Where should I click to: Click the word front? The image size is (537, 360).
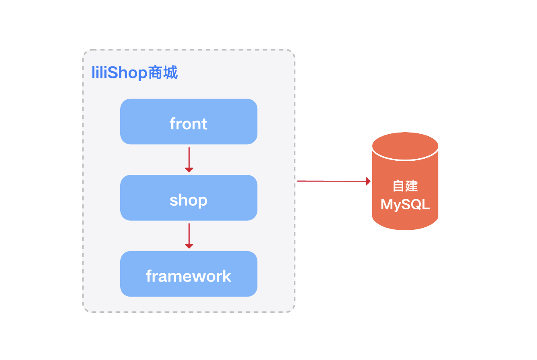[189, 123]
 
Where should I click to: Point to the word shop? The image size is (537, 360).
[189, 200]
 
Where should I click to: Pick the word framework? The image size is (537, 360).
[189, 276]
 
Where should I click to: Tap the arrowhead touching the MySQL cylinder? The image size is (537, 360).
[368, 181]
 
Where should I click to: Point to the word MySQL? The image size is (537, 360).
[405, 205]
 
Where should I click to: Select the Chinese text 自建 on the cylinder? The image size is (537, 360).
[405, 186]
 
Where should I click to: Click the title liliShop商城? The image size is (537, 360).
[135, 74]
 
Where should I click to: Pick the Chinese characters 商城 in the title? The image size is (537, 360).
[163, 74]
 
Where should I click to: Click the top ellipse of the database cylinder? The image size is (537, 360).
[405, 146]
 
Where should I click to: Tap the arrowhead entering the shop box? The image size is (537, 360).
[189, 170]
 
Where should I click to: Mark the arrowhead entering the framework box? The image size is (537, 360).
[189, 246]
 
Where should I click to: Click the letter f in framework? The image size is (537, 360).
[149, 276]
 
